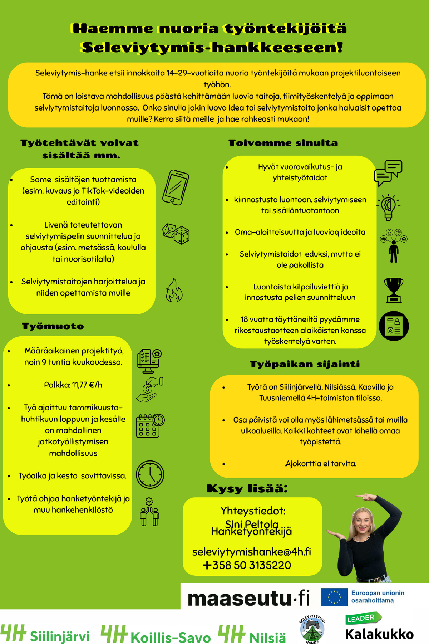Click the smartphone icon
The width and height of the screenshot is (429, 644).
pyautogui.click(x=176, y=187)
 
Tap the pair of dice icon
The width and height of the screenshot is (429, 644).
pyautogui.click(x=176, y=234)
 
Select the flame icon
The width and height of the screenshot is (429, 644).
pyautogui.click(x=174, y=290)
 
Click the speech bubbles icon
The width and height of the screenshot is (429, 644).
pyautogui.click(x=388, y=173)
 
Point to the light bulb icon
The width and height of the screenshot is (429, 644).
pyautogui.click(x=388, y=207)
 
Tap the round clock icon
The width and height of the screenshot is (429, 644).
pyautogui.click(x=150, y=474)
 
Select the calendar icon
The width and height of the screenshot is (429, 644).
pyautogui.click(x=150, y=426)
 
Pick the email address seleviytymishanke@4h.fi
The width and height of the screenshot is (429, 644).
pyautogui.click(x=252, y=552)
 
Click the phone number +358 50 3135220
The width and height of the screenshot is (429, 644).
pyautogui.click(x=247, y=565)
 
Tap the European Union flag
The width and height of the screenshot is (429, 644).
pyautogui.click(x=334, y=597)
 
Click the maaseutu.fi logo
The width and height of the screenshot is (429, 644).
pyautogui.click(x=248, y=598)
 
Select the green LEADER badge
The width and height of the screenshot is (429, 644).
pyautogui.click(x=363, y=618)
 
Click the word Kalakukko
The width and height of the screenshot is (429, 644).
pyautogui.click(x=379, y=634)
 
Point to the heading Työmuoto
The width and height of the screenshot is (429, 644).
pyautogui.click(x=53, y=326)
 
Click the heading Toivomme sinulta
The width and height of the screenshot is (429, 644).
pyautogui.click(x=283, y=143)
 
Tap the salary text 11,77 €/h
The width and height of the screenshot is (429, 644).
pyautogui.click(x=87, y=385)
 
